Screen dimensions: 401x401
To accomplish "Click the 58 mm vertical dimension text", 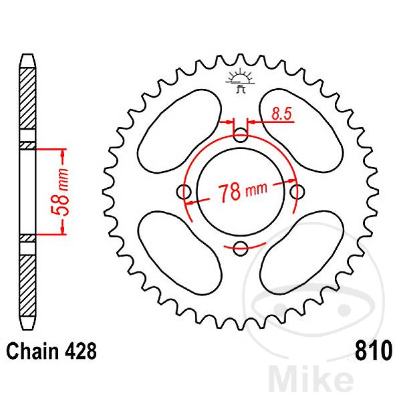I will (x=62, y=190).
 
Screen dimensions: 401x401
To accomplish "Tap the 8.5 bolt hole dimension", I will (x=281, y=114).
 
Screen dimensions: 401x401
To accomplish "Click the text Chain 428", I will (x=52, y=351).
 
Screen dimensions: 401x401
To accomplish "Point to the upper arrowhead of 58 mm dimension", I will (x=63, y=152).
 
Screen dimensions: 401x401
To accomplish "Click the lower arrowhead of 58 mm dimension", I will (x=63, y=231).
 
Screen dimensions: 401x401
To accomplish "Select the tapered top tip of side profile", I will (x=26, y=60).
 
